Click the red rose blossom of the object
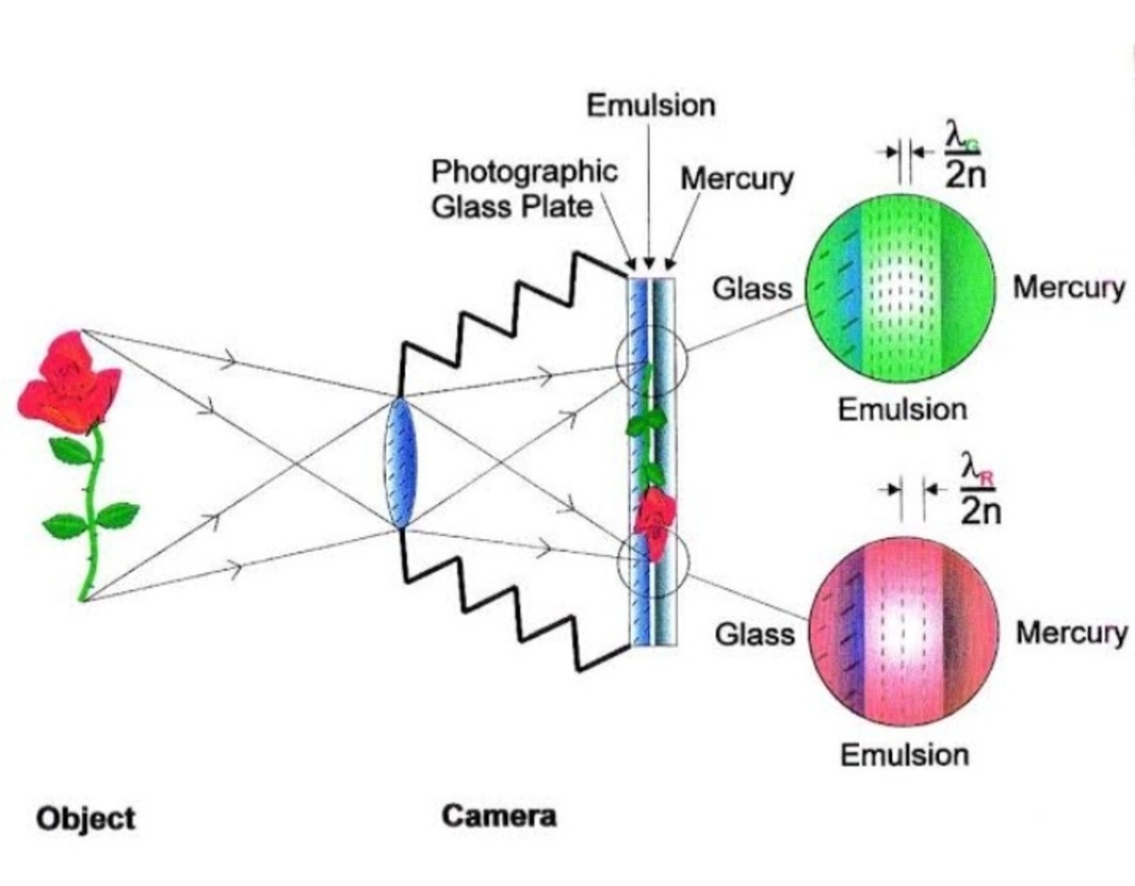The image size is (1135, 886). tap(68, 380)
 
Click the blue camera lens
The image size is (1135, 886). tap(401, 463)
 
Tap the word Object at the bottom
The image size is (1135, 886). tap(86, 818)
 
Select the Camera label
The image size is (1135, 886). tap(498, 816)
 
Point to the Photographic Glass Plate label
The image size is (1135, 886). tap(524, 188)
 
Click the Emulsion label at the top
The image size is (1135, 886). tap(651, 105)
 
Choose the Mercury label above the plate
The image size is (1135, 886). tap(737, 179)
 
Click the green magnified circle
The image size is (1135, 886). tap(899, 288)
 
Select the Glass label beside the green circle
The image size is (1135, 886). tap(753, 287)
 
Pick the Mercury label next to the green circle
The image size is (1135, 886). tap(1069, 287)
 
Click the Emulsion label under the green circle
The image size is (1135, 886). tap(902, 409)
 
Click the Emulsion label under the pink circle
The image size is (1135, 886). tap(904, 755)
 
